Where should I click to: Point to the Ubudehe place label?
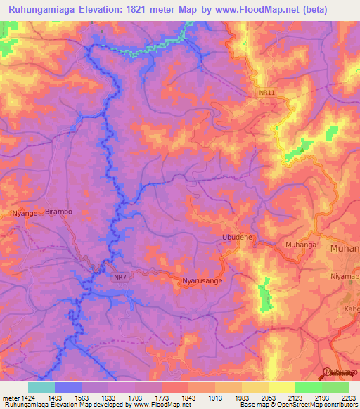coord(237,238)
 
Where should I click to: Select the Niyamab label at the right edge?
coord(345,276)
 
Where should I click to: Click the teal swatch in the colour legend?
coord(41,387)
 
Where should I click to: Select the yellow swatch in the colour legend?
coord(281,387)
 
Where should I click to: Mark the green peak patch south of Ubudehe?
coord(265,296)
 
